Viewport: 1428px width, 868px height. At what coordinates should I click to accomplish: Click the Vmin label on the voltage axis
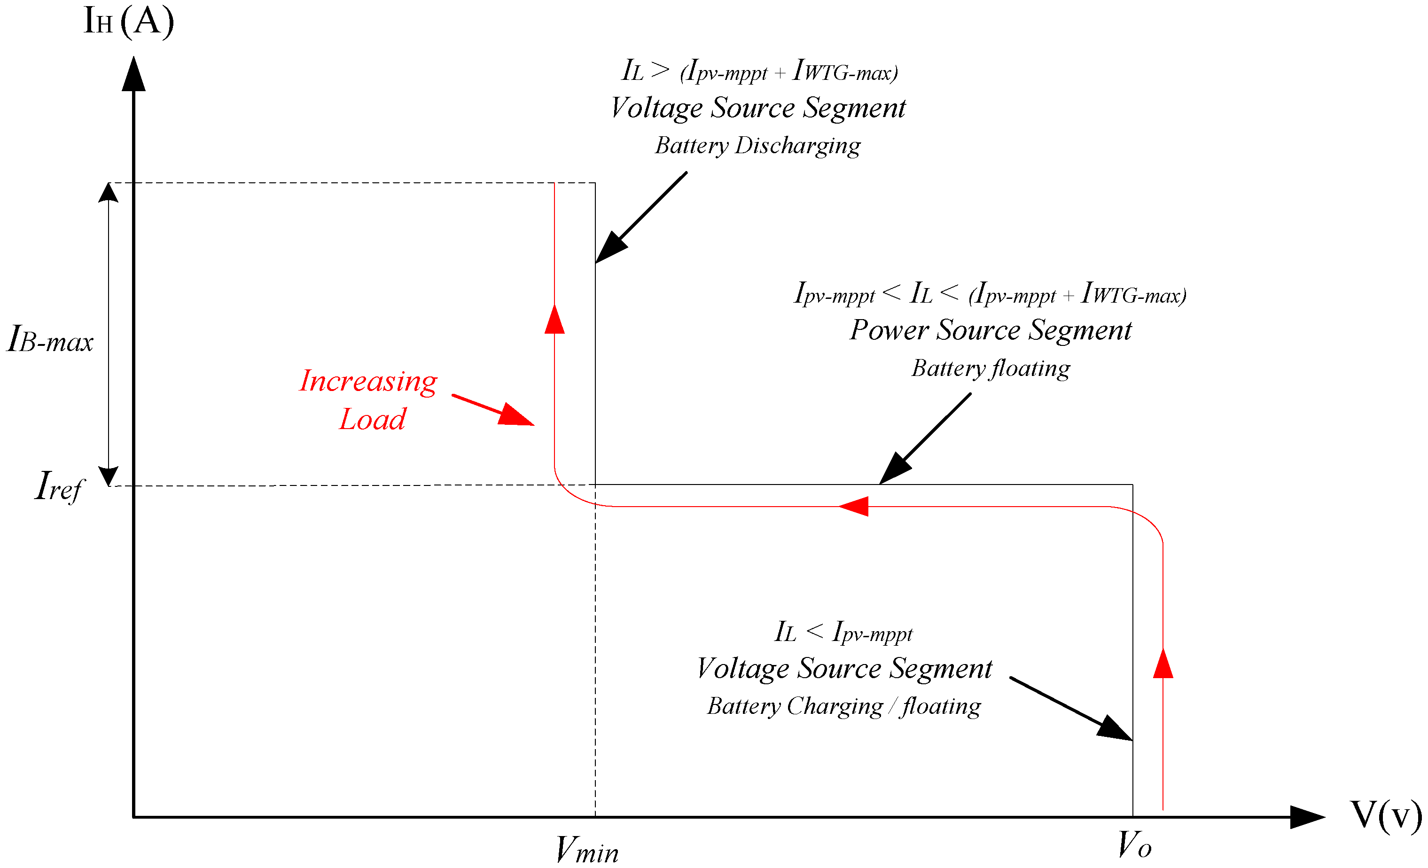[586, 850]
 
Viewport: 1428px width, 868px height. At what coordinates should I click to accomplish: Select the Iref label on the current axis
[59, 487]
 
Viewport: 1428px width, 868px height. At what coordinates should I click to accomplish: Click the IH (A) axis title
[129, 22]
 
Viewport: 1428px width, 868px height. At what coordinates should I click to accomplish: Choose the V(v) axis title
[1386, 815]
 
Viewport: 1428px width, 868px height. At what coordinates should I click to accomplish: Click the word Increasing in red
[368, 381]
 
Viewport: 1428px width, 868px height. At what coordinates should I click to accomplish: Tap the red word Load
[372, 419]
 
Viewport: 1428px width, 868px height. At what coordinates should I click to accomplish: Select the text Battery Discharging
[757, 145]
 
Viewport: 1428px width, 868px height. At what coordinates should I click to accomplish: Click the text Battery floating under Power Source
[991, 368]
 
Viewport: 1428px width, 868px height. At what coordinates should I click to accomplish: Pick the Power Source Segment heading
[991, 330]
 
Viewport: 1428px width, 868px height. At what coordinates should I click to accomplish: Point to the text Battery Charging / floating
[844, 706]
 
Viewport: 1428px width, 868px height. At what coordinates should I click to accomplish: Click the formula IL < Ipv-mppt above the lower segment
[843, 632]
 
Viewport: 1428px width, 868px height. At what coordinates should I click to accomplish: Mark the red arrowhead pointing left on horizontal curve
[854, 506]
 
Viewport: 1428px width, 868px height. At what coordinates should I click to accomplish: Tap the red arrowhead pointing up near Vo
[1163, 664]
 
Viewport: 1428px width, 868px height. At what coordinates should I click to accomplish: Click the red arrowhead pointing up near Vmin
[554, 320]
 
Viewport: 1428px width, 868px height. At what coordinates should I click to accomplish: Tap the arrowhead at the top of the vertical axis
[133, 74]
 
